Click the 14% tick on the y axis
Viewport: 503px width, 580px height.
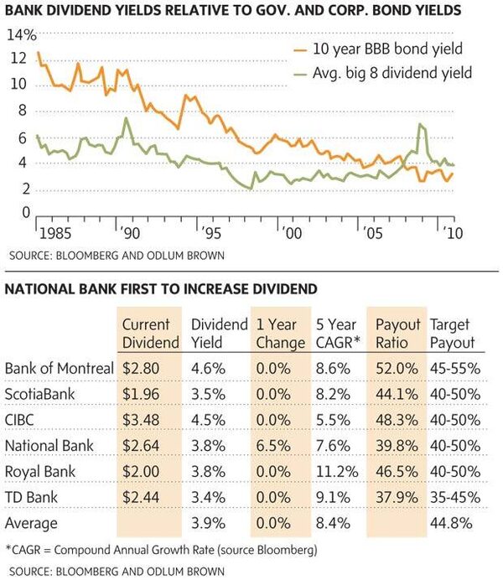click(x=22, y=35)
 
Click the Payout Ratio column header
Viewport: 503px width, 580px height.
click(x=397, y=334)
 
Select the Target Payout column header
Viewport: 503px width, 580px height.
click(x=452, y=334)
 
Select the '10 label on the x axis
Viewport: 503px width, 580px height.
click(x=453, y=231)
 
